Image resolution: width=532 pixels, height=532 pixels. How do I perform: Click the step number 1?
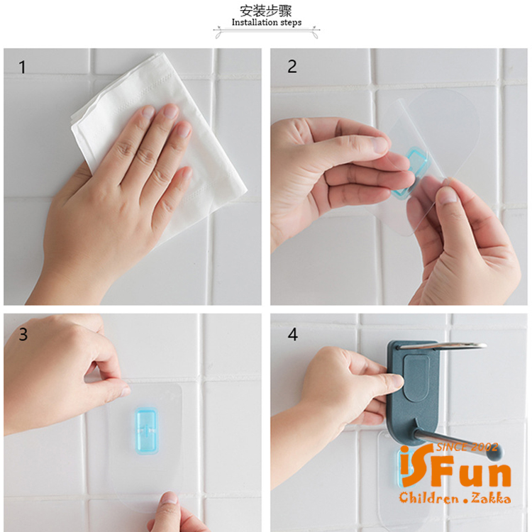point(23,67)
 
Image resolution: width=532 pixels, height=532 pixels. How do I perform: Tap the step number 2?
point(292,67)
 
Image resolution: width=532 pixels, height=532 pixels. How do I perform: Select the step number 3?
point(23,335)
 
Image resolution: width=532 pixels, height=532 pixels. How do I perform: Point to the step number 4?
point(293,335)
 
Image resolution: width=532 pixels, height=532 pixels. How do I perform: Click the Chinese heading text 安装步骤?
point(266,11)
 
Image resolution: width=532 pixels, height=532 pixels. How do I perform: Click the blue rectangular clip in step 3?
point(146,431)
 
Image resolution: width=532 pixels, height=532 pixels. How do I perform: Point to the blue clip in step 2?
point(411,172)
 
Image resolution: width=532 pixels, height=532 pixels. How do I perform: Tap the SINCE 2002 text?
point(467,447)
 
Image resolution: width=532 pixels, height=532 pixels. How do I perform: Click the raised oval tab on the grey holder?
point(416,377)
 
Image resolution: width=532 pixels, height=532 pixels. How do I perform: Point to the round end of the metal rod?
point(494,451)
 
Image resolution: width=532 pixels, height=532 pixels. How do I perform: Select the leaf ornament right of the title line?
point(315,33)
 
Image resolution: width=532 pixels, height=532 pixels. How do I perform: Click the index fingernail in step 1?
point(149,112)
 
